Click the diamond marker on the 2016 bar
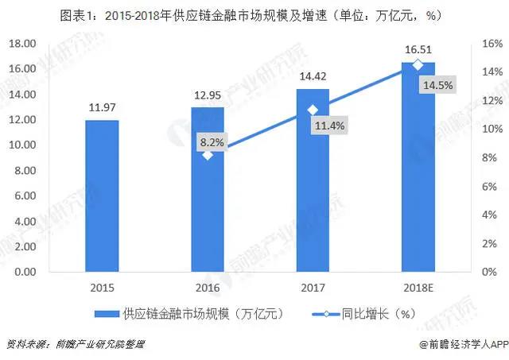pos(208,155)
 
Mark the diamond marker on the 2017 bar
pos(313,110)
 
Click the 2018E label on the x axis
pos(418,287)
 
